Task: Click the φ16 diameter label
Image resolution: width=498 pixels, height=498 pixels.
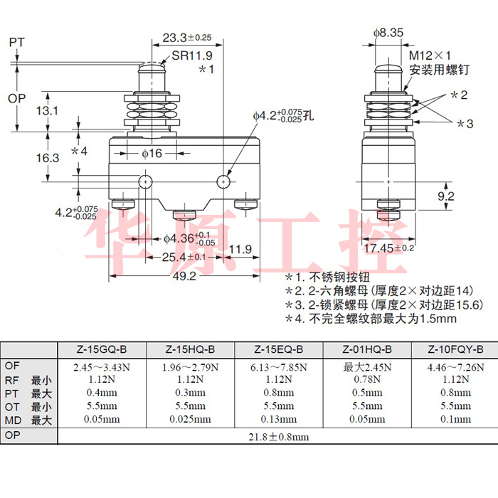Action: [x=152, y=153]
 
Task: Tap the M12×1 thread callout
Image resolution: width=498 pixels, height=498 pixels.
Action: [x=430, y=55]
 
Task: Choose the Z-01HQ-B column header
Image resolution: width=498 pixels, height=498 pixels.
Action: [x=367, y=349]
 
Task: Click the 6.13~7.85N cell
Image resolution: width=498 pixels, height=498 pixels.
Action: [x=279, y=367]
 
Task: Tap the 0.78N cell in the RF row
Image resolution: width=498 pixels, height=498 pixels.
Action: [x=367, y=379]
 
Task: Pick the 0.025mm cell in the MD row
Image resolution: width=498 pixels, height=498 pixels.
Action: [x=190, y=419]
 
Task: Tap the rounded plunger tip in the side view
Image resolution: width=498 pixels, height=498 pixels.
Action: [x=388, y=70]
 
